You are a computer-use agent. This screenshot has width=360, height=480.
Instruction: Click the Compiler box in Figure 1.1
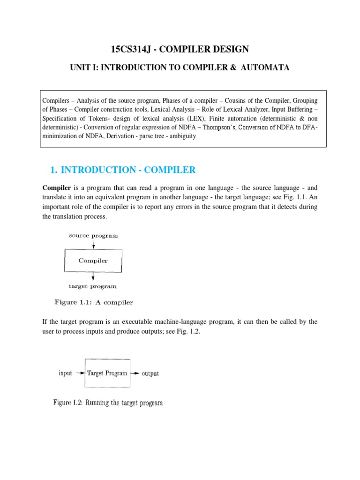click(x=93, y=261)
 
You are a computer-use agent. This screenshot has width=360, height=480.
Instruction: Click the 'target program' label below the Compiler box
click(x=92, y=286)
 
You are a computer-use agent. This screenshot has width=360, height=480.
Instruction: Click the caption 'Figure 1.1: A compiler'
click(x=94, y=302)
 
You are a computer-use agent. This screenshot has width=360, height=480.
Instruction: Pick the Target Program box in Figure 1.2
click(x=107, y=373)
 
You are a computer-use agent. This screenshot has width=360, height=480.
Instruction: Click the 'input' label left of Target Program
click(x=65, y=373)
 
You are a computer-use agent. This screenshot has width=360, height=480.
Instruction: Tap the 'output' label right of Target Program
click(x=150, y=374)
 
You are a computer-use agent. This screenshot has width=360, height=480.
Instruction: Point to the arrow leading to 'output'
click(x=135, y=374)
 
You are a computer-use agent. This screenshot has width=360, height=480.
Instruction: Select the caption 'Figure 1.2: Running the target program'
click(x=108, y=403)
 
